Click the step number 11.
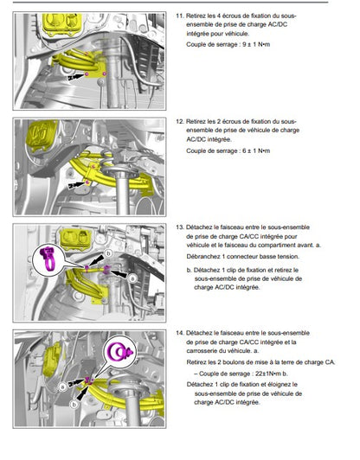(179, 16)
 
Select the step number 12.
(179, 121)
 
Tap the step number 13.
(179, 227)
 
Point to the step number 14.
(179, 333)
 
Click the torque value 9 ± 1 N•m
(256, 45)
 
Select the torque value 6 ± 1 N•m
(256, 150)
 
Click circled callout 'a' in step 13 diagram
(132, 278)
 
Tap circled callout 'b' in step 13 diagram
(109, 253)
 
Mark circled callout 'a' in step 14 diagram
(62, 387)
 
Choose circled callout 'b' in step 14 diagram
(74, 405)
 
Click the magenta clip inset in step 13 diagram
(48, 259)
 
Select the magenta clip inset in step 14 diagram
(120, 351)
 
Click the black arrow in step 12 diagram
(76, 185)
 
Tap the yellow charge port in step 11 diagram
(62, 24)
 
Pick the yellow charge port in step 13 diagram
(75, 240)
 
